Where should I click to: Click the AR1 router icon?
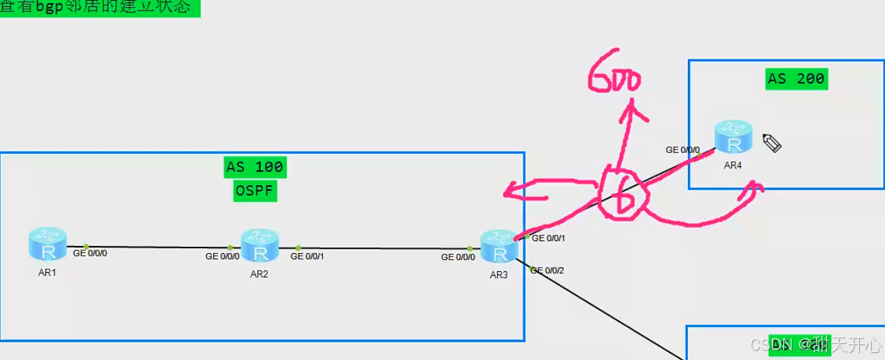[48, 243]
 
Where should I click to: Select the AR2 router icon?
[259, 245]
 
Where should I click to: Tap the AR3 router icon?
[499, 246]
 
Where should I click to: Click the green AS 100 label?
[254, 167]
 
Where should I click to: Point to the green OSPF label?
[255, 190]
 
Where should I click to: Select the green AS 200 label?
[796, 78]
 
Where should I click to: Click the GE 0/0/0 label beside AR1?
[90, 253]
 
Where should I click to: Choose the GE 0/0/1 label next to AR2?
[307, 257]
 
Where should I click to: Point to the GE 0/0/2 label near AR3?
[547, 271]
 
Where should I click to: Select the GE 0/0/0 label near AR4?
[682, 150]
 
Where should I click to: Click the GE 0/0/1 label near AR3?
[548, 238]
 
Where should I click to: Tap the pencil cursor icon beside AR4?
[772, 143]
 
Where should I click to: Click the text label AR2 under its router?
[259, 274]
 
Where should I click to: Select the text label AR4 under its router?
[733, 166]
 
